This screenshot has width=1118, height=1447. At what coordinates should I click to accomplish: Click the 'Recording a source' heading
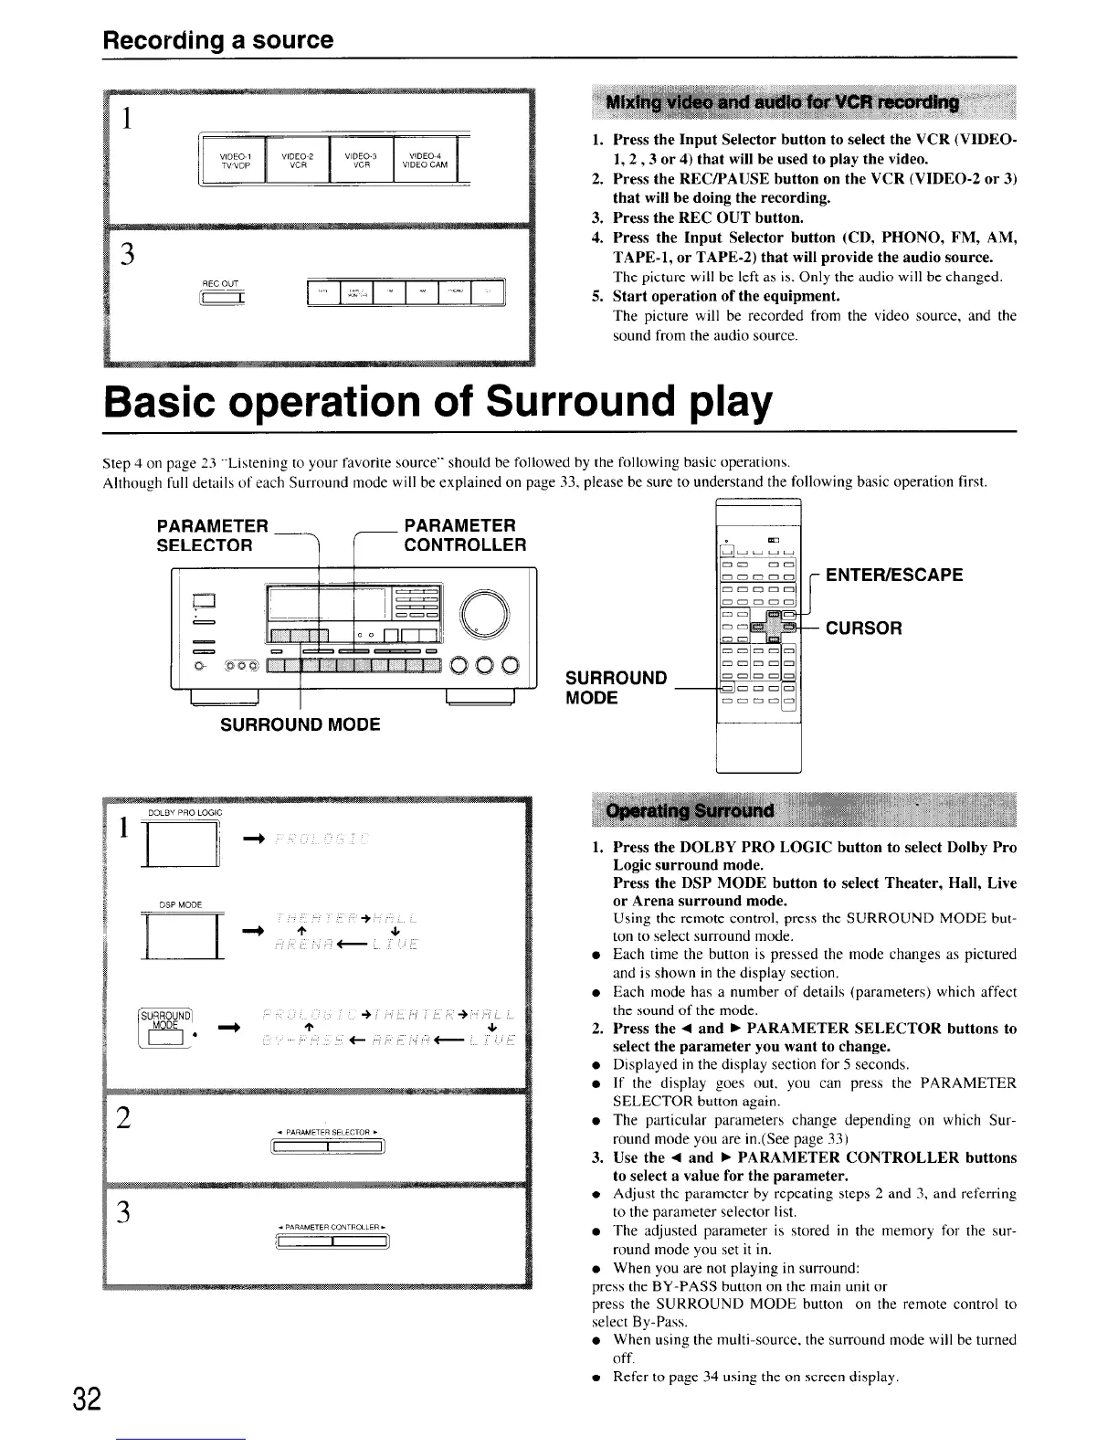point(217,40)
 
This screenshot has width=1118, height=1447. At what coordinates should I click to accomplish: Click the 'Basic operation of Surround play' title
point(437,401)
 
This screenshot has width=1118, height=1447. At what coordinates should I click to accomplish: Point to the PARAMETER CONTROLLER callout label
point(465,535)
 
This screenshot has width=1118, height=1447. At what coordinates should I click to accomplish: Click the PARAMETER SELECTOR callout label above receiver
point(214,535)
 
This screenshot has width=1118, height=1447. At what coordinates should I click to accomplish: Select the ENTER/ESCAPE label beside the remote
point(894,575)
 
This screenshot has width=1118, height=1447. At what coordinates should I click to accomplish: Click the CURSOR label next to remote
point(864,628)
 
